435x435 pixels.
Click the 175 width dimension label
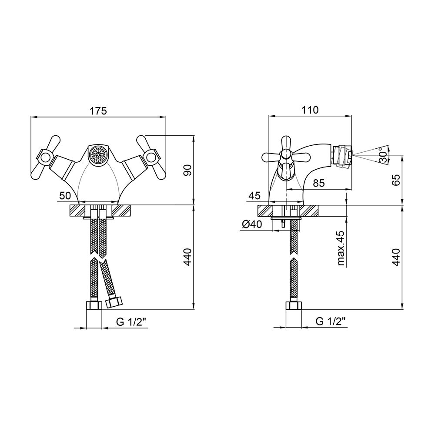tap(98, 110)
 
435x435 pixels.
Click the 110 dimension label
tap(310, 110)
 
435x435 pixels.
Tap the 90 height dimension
tap(188, 170)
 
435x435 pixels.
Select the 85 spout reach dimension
tap(318, 183)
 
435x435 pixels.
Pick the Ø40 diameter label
tap(251, 224)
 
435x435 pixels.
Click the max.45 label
tap(341, 248)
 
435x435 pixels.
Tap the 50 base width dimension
tap(65, 196)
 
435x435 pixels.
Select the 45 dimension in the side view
tap(254, 196)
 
